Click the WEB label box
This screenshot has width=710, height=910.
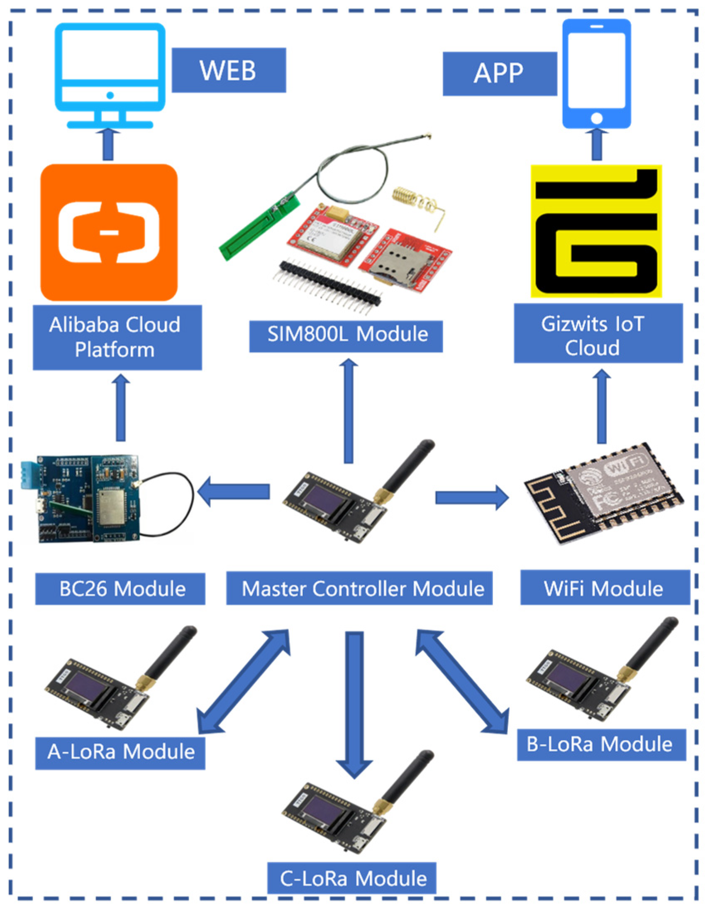click(x=229, y=70)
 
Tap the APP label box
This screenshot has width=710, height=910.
click(x=499, y=74)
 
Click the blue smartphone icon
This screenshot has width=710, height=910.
click(x=596, y=75)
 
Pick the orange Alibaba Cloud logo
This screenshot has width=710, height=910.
click(x=109, y=232)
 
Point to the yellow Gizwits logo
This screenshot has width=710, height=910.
click(x=596, y=231)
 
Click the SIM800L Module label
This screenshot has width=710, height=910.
click(x=346, y=335)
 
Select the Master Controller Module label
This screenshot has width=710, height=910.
click(x=359, y=589)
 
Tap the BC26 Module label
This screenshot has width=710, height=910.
click(x=120, y=589)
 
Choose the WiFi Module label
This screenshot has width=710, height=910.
click(x=605, y=589)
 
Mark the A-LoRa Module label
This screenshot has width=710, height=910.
click(x=120, y=752)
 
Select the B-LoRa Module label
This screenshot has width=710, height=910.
click(x=601, y=744)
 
